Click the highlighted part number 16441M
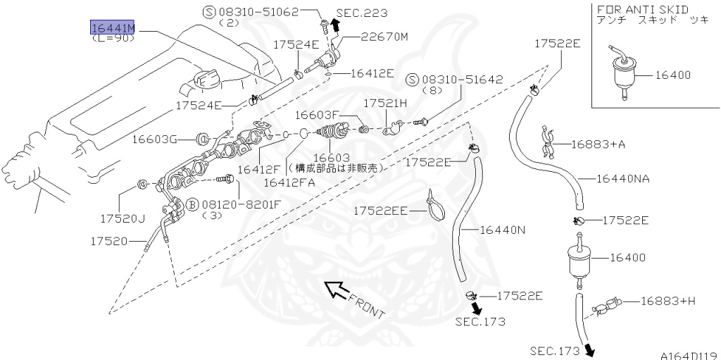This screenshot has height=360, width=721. [x=112, y=27]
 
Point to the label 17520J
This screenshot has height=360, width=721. [x=122, y=218]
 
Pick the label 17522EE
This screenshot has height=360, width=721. [x=380, y=210]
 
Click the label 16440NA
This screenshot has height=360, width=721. [x=622, y=178]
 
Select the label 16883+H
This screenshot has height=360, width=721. [x=667, y=301]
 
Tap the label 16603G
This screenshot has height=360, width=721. [x=154, y=139]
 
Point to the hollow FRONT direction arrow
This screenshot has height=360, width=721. [x=336, y=290]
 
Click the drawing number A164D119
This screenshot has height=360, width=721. [x=688, y=354]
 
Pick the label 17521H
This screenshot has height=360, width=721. [x=385, y=103]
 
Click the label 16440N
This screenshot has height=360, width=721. [x=503, y=230]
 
